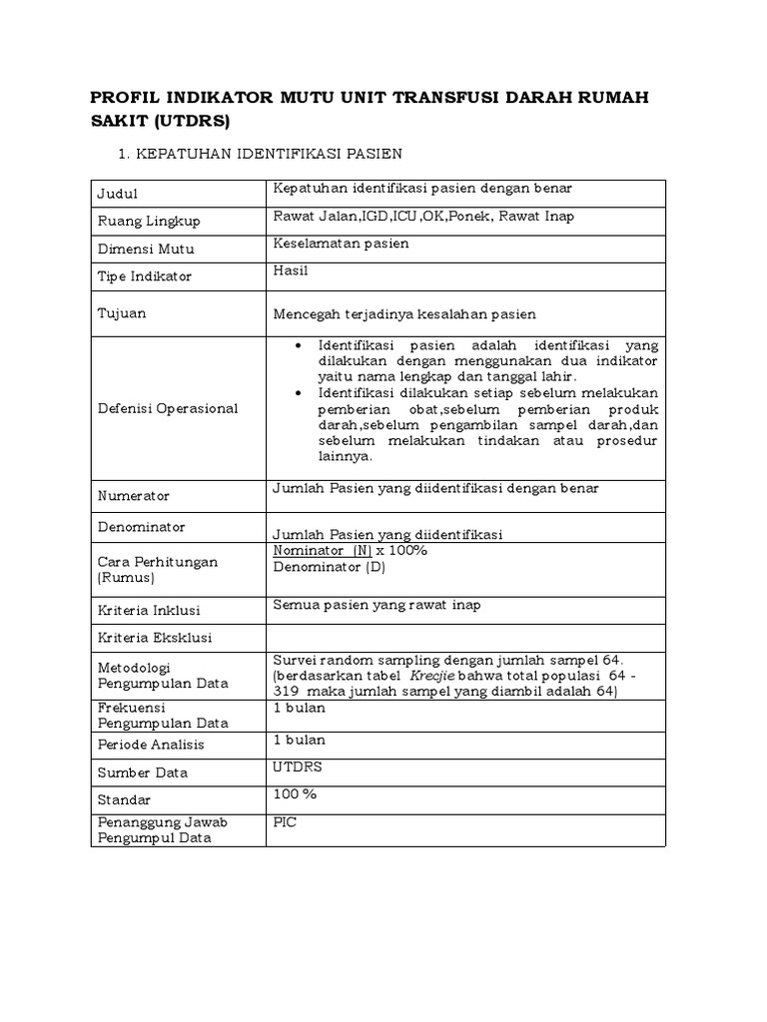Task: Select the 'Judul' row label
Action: click(117, 194)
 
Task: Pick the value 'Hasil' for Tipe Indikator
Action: click(291, 269)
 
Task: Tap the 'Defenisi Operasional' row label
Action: click(168, 407)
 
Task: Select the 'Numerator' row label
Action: click(134, 495)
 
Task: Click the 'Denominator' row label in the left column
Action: click(142, 526)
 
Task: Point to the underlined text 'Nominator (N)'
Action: click(322, 551)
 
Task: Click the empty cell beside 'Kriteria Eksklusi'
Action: click(464, 636)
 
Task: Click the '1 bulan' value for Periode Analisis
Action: click(299, 740)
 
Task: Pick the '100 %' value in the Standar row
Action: click(295, 793)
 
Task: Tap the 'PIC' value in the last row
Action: click(286, 822)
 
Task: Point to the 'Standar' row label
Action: click(123, 800)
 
